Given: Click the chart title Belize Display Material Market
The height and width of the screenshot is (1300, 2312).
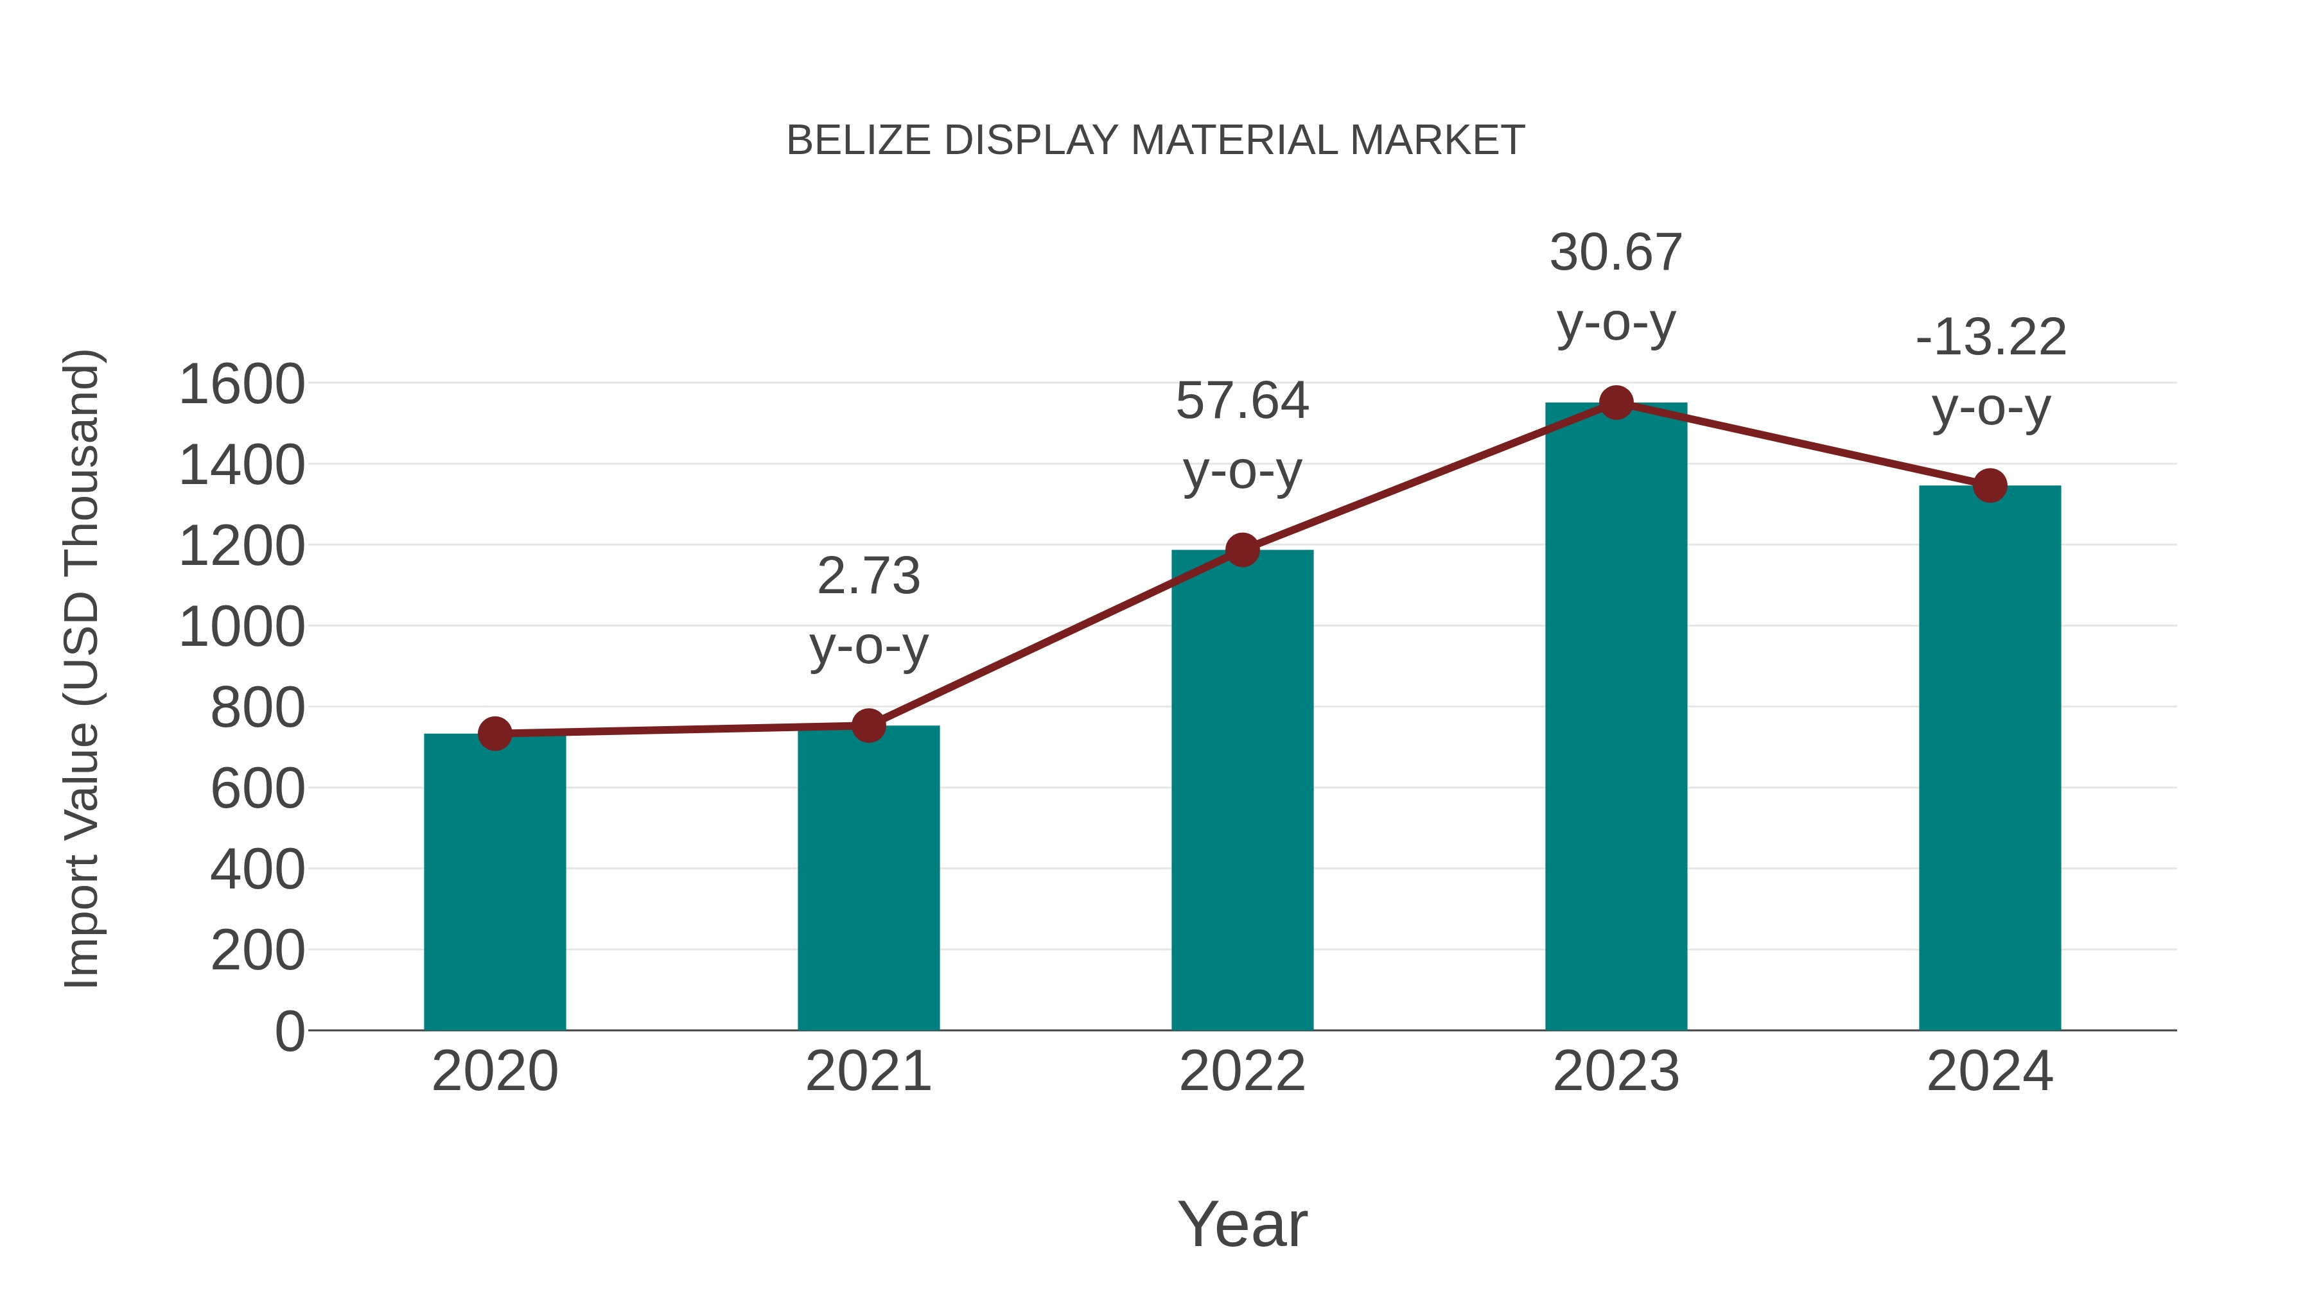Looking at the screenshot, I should coord(1155,141).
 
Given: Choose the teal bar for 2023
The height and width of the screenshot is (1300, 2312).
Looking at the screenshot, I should coord(1616,718).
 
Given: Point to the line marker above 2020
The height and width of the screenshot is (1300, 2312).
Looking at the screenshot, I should coord(495,734).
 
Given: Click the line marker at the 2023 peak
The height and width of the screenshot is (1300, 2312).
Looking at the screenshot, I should coord(1616,403).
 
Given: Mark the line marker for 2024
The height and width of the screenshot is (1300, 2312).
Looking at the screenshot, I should coord(1990,485).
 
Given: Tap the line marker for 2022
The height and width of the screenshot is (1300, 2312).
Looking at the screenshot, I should coord(1242,550).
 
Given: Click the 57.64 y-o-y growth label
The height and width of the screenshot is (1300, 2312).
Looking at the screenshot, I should coord(1242,435).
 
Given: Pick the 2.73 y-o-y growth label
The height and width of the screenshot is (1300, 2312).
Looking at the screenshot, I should coord(868,611).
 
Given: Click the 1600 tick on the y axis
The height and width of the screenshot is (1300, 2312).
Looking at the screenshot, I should coord(242,385).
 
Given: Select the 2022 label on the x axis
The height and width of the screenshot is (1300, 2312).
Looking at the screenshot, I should coord(1242,1071).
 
